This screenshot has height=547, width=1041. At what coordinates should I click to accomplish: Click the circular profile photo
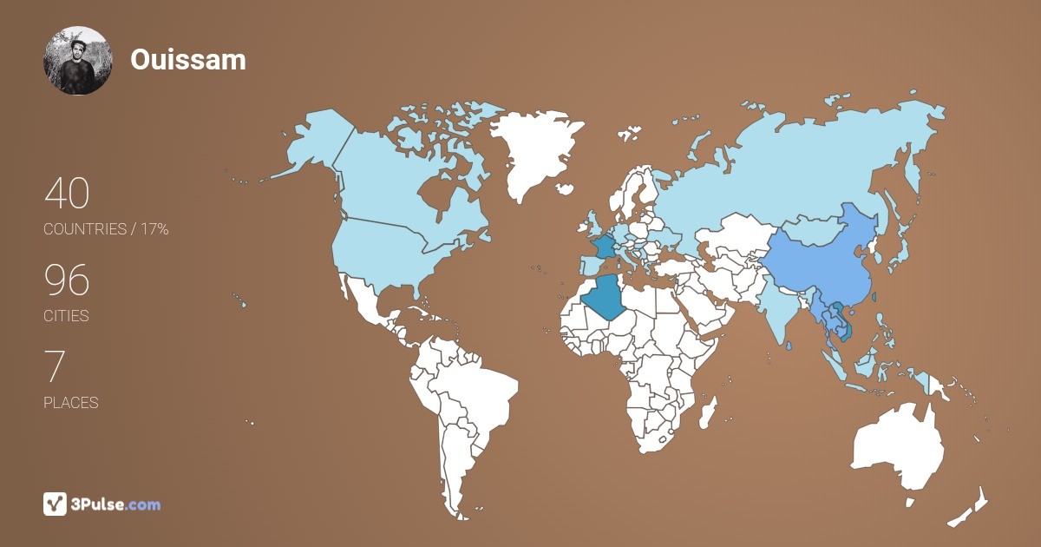[78, 60]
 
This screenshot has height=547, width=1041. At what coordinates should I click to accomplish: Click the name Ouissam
[188, 59]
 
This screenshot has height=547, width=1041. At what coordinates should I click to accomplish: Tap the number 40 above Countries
[67, 194]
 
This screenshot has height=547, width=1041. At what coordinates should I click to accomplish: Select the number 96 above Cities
[67, 280]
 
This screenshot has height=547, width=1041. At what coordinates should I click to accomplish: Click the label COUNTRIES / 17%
[106, 229]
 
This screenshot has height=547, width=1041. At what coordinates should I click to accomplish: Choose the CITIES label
[66, 316]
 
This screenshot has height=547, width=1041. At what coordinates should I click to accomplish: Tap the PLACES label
[70, 403]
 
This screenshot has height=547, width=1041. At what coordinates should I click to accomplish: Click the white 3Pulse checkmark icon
[56, 504]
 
